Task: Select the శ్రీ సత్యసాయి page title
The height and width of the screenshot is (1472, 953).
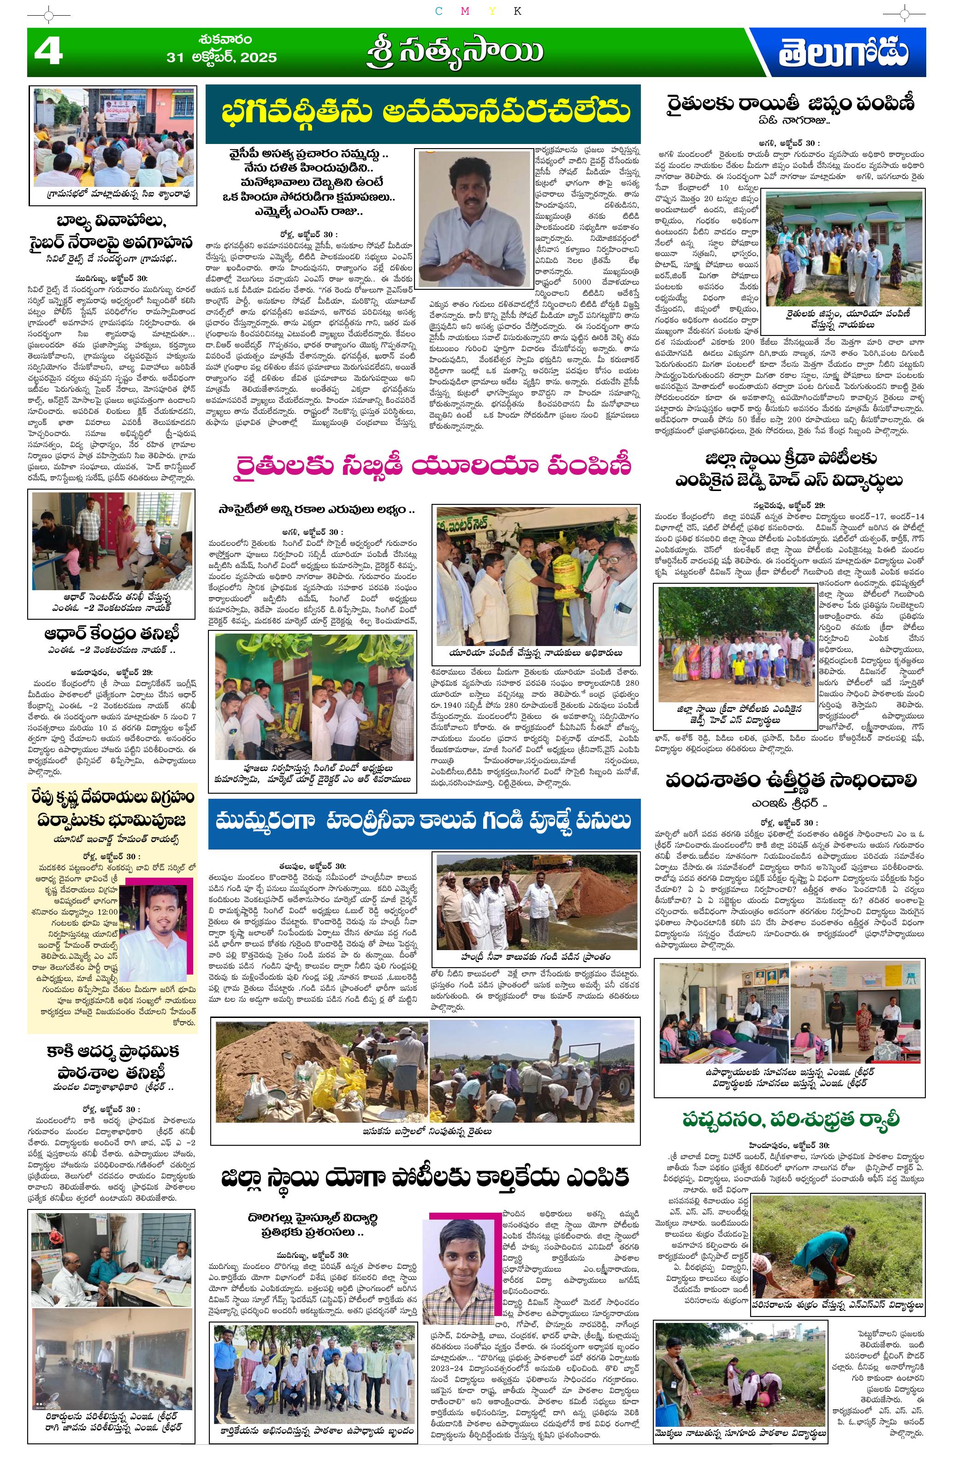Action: [x=454, y=52]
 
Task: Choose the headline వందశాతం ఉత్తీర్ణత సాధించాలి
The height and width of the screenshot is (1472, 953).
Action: [x=790, y=781]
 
